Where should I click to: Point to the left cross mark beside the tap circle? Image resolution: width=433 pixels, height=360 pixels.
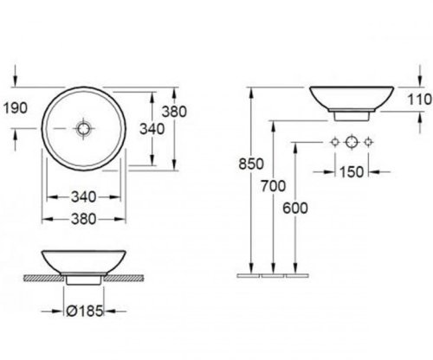pyautogui.click(x=333, y=142)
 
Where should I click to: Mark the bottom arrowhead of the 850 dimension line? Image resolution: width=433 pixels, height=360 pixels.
pyautogui.click(x=250, y=269)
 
